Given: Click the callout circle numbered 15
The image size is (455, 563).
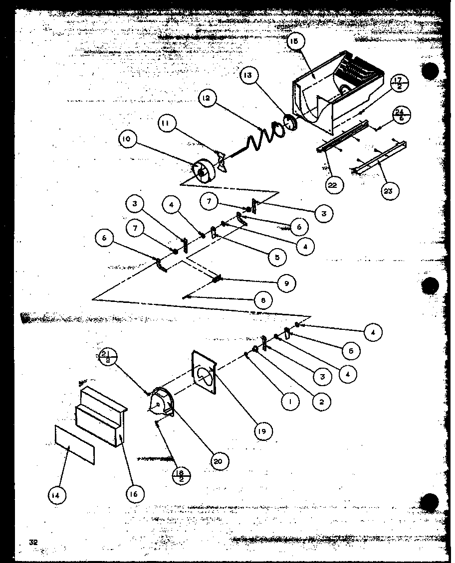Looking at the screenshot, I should click(x=293, y=42).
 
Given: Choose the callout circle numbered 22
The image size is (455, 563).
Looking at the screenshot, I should click(x=332, y=185).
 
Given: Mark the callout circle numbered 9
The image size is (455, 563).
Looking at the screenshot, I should click(x=286, y=282).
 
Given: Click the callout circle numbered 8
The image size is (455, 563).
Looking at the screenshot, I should click(x=263, y=300).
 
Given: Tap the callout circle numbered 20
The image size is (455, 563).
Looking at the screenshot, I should click(x=218, y=461).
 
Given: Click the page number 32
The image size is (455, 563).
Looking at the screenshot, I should click(x=34, y=542).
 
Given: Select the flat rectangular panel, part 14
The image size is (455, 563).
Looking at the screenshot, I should click(x=73, y=444).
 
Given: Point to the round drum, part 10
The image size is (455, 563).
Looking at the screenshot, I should click(x=203, y=172).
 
